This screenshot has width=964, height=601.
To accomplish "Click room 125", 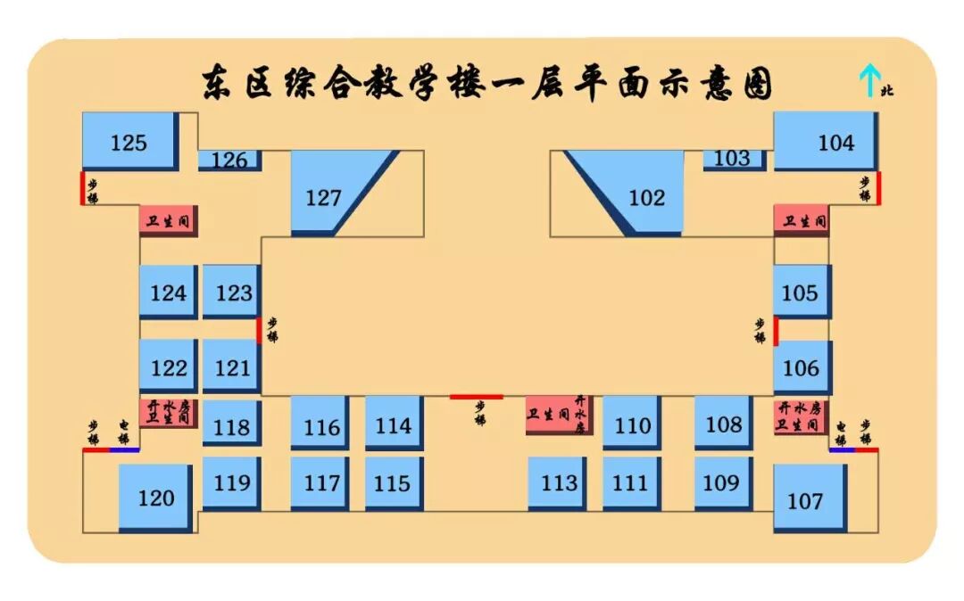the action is pyautogui.click(x=129, y=141).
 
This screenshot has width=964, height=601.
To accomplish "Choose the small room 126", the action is pyautogui.click(x=229, y=160).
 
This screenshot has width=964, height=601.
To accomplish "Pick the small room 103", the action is pyautogui.click(x=733, y=159).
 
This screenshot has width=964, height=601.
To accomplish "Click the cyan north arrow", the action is pyautogui.click(x=866, y=80).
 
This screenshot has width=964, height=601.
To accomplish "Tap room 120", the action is pyautogui.click(x=155, y=498).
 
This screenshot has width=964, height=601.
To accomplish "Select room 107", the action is pyautogui.click(x=809, y=499).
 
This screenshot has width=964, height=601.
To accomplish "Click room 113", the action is pyautogui.click(x=558, y=482).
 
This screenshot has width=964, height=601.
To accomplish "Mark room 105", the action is pyautogui.click(x=801, y=292).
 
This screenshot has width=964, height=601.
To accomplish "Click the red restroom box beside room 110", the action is pyautogui.click(x=555, y=414).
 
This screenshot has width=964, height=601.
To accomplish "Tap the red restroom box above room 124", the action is pyautogui.click(x=167, y=220).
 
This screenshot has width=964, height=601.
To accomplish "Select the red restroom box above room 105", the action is pyautogui.click(x=801, y=220).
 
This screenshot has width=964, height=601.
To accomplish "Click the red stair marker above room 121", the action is pyautogui.click(x=259, y=330).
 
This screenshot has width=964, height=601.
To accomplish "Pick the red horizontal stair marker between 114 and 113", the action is pyautogui.click(x=476, y=397).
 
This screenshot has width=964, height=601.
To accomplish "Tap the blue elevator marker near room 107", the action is pyautogui.click(x=842, y=449).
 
